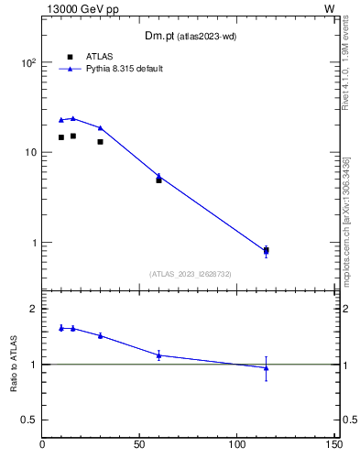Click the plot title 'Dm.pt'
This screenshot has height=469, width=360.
pos(160,36)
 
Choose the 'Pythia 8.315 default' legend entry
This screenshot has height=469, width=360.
pos(125,69)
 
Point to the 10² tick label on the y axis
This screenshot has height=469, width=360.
pos(28,63)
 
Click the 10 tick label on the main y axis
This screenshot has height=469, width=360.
pos(31,153)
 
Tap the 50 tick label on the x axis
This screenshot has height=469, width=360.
pos(139,445)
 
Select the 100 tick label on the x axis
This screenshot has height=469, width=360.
pos(236,445)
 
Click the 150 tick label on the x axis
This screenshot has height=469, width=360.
pos(333,445)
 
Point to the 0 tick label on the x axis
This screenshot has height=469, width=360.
pos(42,445)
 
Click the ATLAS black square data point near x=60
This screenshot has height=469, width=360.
pos(158,180)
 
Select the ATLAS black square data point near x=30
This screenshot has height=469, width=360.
pos(100,141)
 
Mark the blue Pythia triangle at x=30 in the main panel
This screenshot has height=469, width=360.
pos(100,127)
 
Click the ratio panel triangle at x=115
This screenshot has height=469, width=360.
pos(266,368)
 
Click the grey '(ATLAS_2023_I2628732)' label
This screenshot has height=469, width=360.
pos(190,274)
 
